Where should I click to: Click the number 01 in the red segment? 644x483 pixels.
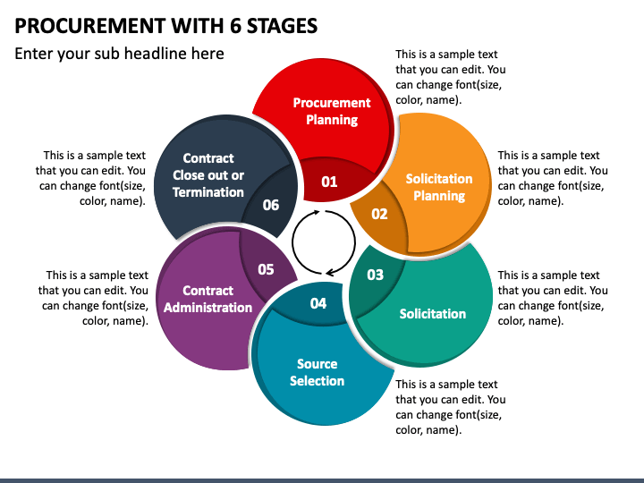[x=329, y=182]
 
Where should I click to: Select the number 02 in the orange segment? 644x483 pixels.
[x=379, y=214]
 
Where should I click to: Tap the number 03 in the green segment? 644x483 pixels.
[x=375, y=275]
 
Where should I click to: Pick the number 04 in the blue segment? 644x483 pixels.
[x=318, y=303]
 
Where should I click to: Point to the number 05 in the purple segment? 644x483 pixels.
[x=266, y=269]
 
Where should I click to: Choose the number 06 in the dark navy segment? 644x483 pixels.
[x=271, y=205]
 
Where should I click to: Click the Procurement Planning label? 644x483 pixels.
[x=332, y=111]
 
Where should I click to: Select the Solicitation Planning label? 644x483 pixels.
[x=439, y=187]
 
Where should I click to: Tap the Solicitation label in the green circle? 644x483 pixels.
[x=433, y=314]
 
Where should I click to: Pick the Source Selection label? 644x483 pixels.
[x=317, y=372]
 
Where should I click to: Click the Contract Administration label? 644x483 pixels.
[x=208, y=299]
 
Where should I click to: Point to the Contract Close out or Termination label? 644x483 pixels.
[x=208, y=175]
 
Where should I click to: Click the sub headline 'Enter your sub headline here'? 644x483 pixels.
[x=119, y=54]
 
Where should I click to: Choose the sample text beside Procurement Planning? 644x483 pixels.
[x=451, y=78]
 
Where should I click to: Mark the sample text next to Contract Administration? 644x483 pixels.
[x=94, y=298]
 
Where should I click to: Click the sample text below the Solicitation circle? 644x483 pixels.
[x=451, y=407]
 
